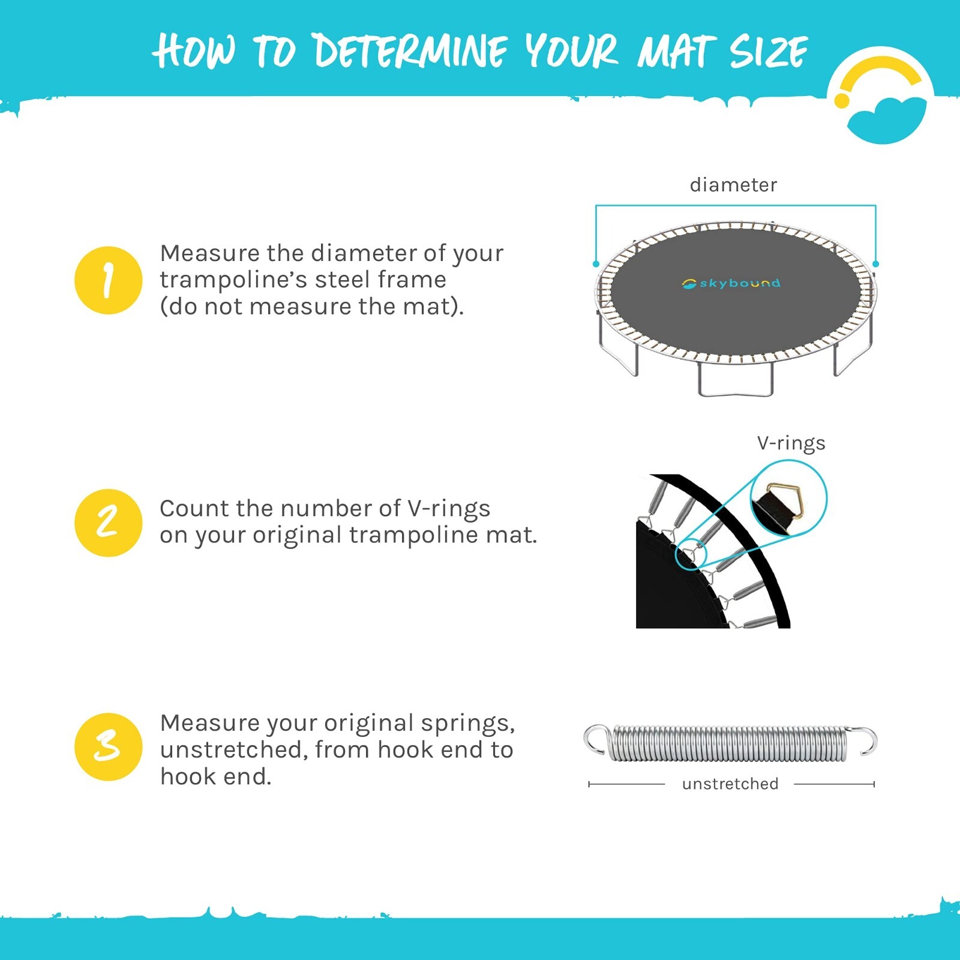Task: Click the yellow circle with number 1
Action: pyautogui.click(x=108, y=280)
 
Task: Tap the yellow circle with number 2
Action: pyautogui.click(x=108, y=523)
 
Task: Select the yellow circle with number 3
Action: pyautogui.click(x=108, y=747)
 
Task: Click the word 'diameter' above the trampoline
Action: pyautogui.click(x=733, y=185)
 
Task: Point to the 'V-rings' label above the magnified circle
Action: pyautogui.click(x=791, y=443)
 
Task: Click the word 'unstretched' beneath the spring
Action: pyautogui.click(x=730, y=784)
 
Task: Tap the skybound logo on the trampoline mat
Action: pyautogui.click(x=731, y=283)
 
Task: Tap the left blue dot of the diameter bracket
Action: pyautogui.click(x=596, y=264)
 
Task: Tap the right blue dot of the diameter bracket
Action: pyautogui.click(x=876, y=264)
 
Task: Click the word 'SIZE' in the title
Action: pyautogui.click(x=769, y=51)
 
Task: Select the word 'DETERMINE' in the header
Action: pyautogui.click(x=411, y=51)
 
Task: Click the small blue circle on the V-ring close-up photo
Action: pyautogui.click(x=691, y=554)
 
